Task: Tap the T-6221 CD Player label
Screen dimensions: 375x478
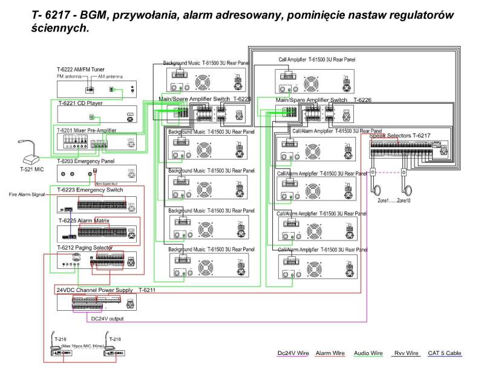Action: click(80, 103)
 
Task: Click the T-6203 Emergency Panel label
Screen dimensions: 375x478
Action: click(87, 162)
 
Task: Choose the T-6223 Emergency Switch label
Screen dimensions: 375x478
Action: click(90, 190)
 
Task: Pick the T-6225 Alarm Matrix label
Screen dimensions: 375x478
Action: click(84, 221)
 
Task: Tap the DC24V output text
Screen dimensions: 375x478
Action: click(108, 317)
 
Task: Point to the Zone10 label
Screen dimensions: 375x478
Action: click(404, 201)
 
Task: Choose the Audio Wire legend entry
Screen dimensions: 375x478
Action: click(368, 353)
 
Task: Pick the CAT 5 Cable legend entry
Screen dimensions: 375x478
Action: click(444, 353)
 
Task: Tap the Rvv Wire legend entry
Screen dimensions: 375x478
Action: click(405, 353)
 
